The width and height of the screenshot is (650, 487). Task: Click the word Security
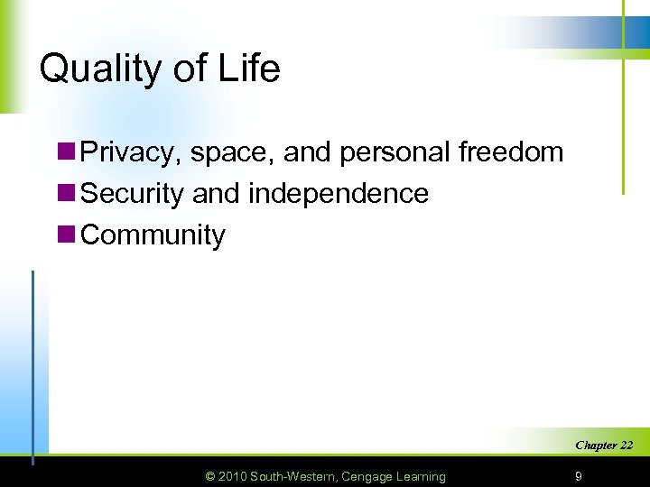(x=133, y=193)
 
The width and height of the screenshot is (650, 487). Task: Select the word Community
(x=153, y=234)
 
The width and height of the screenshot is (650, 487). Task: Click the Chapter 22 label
(x=603, y=446)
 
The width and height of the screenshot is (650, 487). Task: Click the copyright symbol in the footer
(x=211, y=476)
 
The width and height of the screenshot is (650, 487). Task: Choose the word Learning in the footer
(x=420, y=476)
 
